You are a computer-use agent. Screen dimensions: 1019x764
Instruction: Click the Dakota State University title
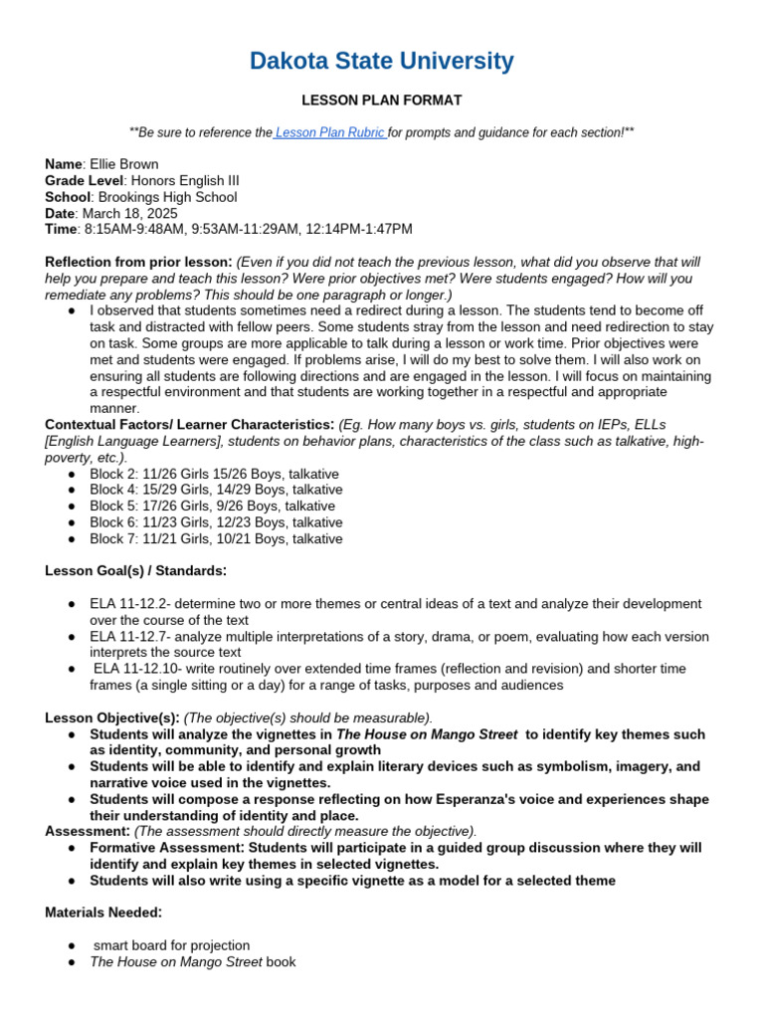pos(382,62)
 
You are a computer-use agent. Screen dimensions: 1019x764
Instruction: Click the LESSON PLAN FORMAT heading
pos(382,101)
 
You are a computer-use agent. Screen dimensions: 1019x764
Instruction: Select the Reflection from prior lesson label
pos(138,262)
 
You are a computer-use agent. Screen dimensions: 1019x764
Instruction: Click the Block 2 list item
pos(214,474)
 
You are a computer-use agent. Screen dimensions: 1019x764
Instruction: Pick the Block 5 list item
pos(212,507)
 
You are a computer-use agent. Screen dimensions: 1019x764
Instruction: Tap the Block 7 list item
pos(215,538)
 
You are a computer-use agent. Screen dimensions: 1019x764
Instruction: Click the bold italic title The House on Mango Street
pos(427,734)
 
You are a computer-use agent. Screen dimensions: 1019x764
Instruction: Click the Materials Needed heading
pos(102,913)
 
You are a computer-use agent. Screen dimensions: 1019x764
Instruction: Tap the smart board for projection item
pos(171,945)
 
